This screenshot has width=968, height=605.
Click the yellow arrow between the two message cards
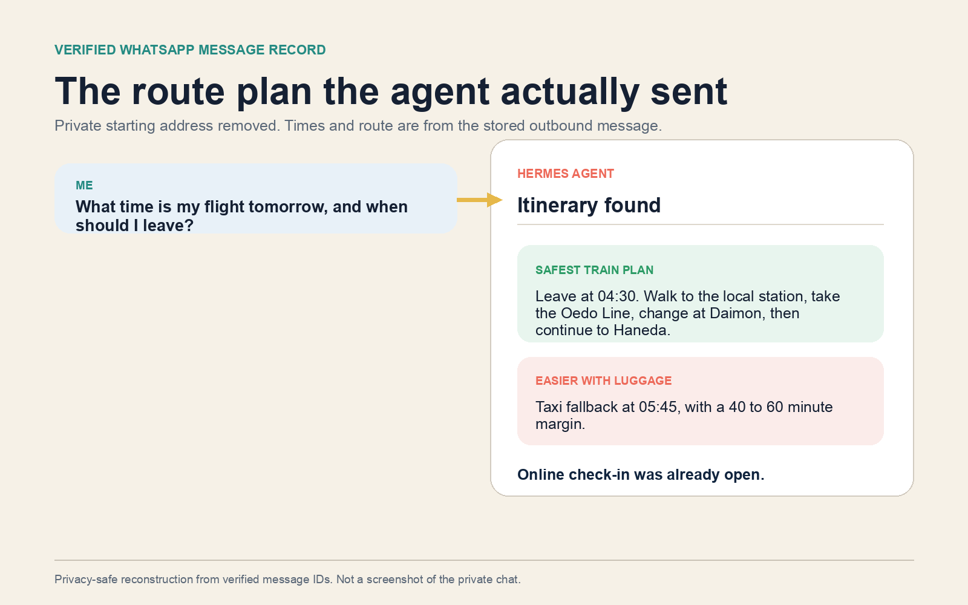pos(480,200)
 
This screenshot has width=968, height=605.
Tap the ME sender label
pos(84,185)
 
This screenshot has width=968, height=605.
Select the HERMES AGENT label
pos(565,174)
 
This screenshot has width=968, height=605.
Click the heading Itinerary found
pos(589,205)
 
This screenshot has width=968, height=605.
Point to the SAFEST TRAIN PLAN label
pos(594,270)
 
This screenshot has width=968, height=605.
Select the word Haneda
pos(642,330)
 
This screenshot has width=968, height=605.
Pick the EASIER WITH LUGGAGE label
pos(603,381)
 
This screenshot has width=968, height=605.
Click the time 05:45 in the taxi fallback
pos(657,407)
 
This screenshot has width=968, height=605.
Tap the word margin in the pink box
pos(560,424)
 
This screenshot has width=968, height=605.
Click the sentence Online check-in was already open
pos(641,474)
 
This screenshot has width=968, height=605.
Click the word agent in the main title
pos(440,91)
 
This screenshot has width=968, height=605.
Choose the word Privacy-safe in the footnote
pos(86,580)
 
